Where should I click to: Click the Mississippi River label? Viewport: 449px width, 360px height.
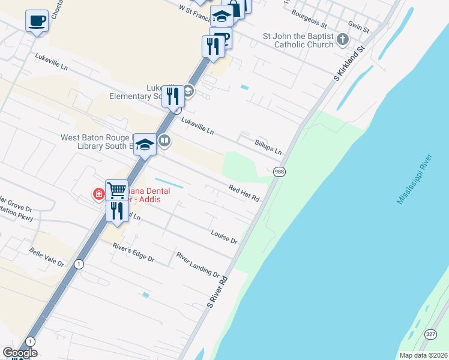415,179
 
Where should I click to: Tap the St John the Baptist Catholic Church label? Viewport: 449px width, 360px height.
298,40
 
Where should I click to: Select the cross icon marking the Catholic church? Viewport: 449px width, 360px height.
342,40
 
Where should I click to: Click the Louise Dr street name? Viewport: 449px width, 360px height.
224,236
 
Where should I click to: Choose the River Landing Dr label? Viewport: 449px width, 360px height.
198,265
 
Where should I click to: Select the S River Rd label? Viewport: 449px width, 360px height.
218,292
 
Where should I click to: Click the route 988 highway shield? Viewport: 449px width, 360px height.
279,172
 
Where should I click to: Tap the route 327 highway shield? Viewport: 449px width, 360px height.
430,334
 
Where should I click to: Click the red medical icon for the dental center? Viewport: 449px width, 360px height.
98,194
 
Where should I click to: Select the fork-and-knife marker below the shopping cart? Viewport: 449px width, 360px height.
116,211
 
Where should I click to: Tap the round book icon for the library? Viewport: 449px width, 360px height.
164,141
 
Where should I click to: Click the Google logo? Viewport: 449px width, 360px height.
20,353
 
